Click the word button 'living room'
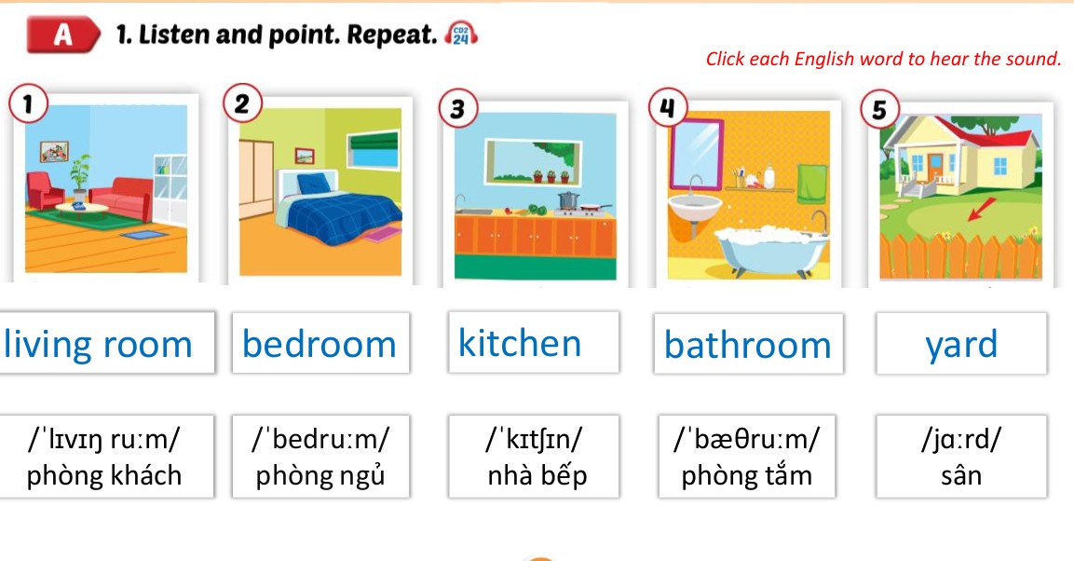pos(99,344)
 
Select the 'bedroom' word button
pos(319,344)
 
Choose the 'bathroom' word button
pos(748,345)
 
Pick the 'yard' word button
pos(961,344)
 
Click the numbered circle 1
pos(28,104)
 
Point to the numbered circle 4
pos(666,108)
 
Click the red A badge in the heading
pos(63,34)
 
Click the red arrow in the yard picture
pos(978,211)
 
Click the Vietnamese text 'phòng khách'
pos(104,476)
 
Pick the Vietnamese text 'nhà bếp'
pos(537,476)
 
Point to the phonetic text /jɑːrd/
pos(961,437)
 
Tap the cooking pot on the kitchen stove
pos(567,200)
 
